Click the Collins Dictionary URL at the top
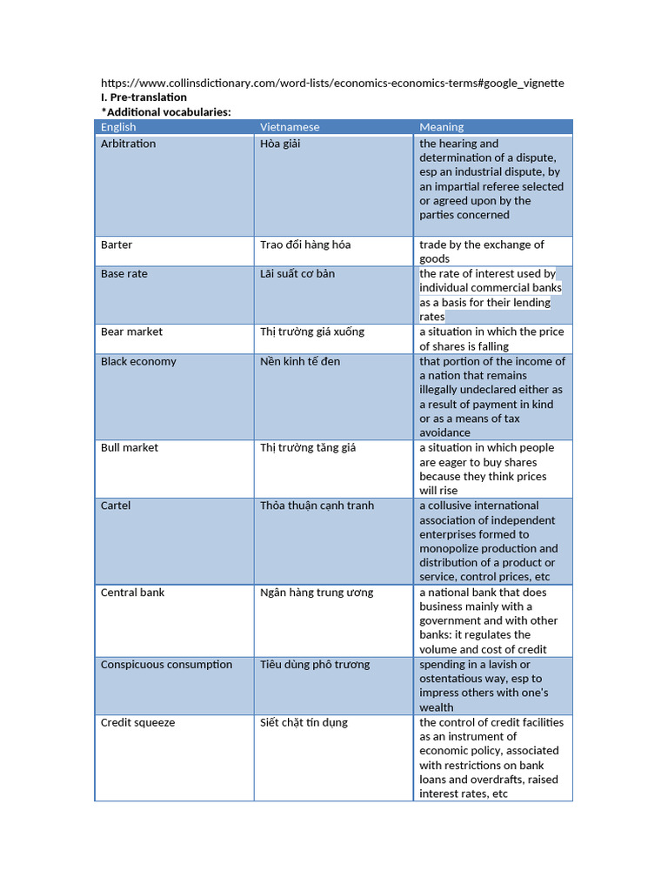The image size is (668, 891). (x=332, y=83)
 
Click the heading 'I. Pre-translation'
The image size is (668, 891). (x=144, y=97)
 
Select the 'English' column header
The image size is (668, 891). (x=118, y=127)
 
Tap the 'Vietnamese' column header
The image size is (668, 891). (x=290, y=127)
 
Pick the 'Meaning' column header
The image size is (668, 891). (x=441, y=127)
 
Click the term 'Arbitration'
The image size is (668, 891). (x=128, y=144)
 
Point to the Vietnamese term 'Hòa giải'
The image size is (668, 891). (x=280, y=144)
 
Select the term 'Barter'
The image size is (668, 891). (x=117, y=245)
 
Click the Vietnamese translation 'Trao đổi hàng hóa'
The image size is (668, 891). (x=305, y=245)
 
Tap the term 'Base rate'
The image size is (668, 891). (x=124, y=273)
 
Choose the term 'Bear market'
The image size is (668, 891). (x=131, y=332)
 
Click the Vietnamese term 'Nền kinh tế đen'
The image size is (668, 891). (x=301, y=361)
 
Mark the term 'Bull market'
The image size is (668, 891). (x=130, y=447)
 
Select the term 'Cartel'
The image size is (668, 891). (x=116, y=505)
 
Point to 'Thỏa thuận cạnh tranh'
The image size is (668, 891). (x=317, y=505)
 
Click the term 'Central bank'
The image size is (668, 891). (x=132, y=592)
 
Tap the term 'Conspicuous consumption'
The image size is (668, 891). (x=166, y=664)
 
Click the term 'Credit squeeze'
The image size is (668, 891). (x=137, y=722)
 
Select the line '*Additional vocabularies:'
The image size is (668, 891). (x=166, y=112)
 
